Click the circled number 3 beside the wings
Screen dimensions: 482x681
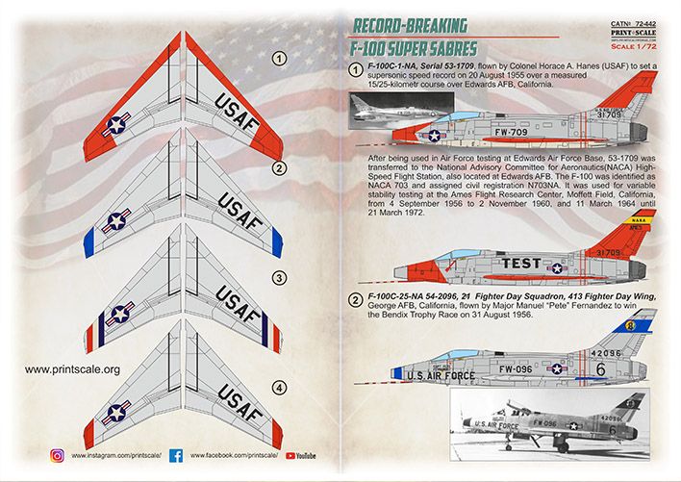point(278,278)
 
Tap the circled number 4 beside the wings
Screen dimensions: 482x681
point(280,388)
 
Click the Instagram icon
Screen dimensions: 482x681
point(57,454)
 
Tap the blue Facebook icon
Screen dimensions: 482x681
point(176,454)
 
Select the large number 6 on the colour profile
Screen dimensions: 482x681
point(628,368)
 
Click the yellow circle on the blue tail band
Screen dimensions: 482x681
point(632,326)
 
